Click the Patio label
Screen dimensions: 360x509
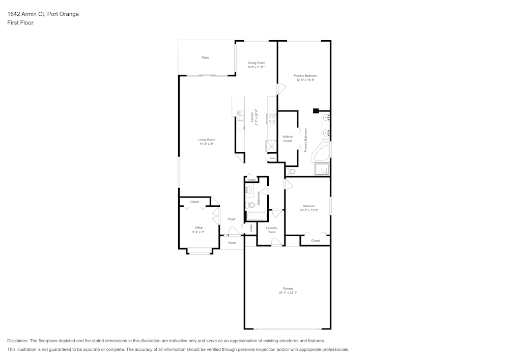[205, 58]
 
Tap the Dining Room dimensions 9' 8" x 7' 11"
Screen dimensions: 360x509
[257, 67]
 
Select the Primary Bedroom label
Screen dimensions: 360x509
[305, 75]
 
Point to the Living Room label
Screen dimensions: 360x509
[207, 140]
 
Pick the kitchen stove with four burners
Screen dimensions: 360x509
[272, 119]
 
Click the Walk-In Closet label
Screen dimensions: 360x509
[288, 139]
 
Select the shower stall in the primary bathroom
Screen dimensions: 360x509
[322, 170]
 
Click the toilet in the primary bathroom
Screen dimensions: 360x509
[291, 172]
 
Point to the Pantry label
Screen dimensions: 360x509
[273, 158]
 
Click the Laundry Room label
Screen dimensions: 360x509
[271, 230]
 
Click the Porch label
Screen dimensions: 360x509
[232, 243]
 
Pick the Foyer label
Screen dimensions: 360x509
[232, 219]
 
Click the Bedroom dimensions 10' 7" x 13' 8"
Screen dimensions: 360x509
[308, 210]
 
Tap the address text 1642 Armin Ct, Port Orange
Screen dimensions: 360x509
[43, 14]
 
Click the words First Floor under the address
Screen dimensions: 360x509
[20, 23]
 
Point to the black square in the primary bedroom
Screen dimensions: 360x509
[316, 109]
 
